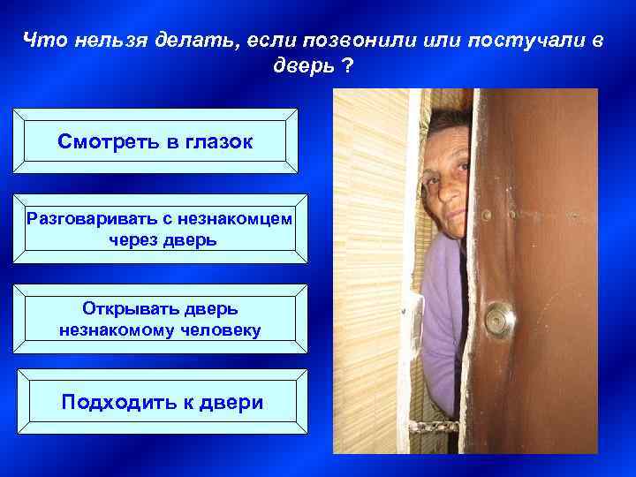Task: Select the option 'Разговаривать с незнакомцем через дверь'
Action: (159, 227)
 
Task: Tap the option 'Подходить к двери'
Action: (163, 403)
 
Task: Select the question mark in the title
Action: (345, 66)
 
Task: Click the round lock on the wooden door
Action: (500, 317)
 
